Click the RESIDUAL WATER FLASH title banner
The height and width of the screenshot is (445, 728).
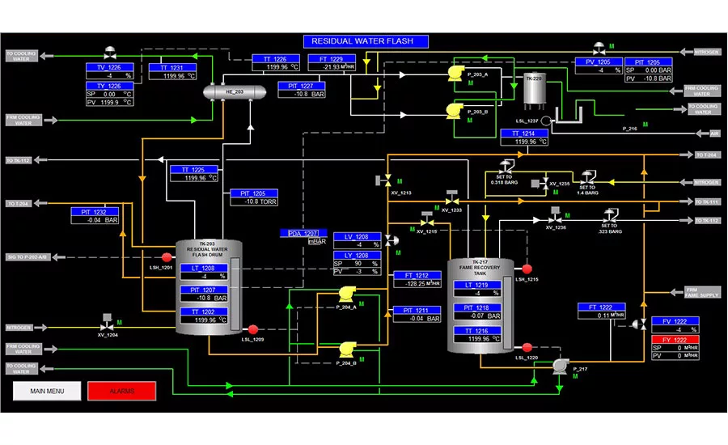pyautogui.click(x=365, y=41)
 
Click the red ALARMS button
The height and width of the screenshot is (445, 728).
pyautogui.click(x=121, y=391)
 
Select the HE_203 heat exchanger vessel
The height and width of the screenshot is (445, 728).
pyautogui.click(x=234, y=92)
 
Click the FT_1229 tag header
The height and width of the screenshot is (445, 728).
pyautogui.click(x=331, y=58)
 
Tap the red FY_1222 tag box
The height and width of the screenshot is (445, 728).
pyautogui.click(x=675, y=340)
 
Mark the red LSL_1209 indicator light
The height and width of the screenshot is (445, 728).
pyautogui.click(x=252, y=329)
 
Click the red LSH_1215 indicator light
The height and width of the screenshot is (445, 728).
pyautogui.click(x=527, y=269)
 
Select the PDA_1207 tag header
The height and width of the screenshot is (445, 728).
pyautogui.click(x=300, y=233)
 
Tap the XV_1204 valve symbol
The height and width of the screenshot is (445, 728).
pyautogui.click(x=108, y=320)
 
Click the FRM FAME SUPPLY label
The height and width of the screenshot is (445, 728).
pyautogui.click(x=702, y=291)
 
